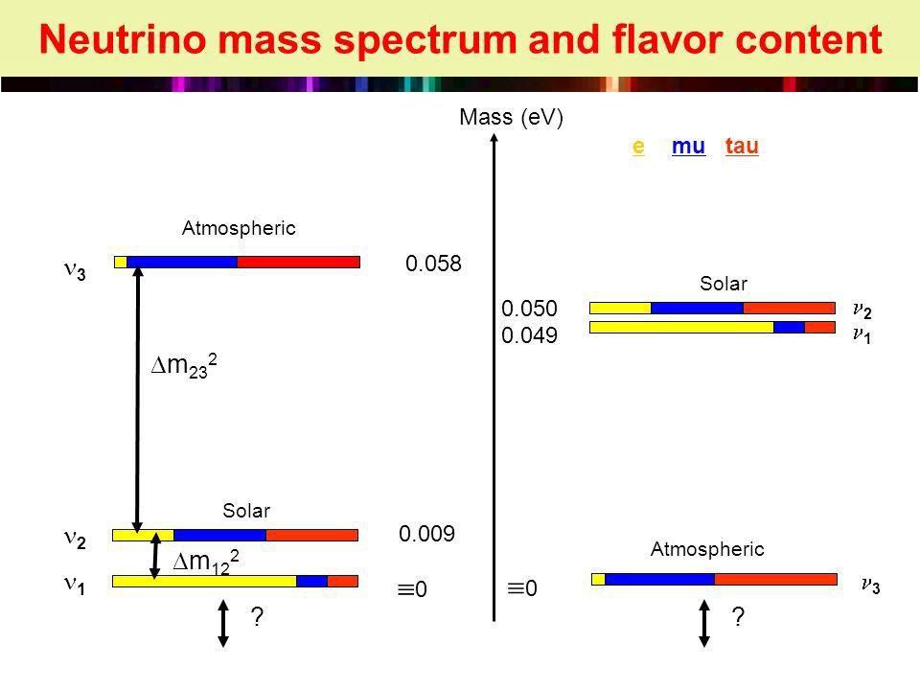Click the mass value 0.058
coord(433,264)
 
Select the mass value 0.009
coord(426,534)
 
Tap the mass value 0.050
coord(530,308)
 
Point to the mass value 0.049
coord(530,335)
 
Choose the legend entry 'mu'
coord(689,147)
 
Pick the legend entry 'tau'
coord(743,147)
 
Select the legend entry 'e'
coord(637,147)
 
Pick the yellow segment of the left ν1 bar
coord(204,580)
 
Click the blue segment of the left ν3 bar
coord(181,262)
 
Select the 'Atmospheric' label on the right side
coord(707,549)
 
